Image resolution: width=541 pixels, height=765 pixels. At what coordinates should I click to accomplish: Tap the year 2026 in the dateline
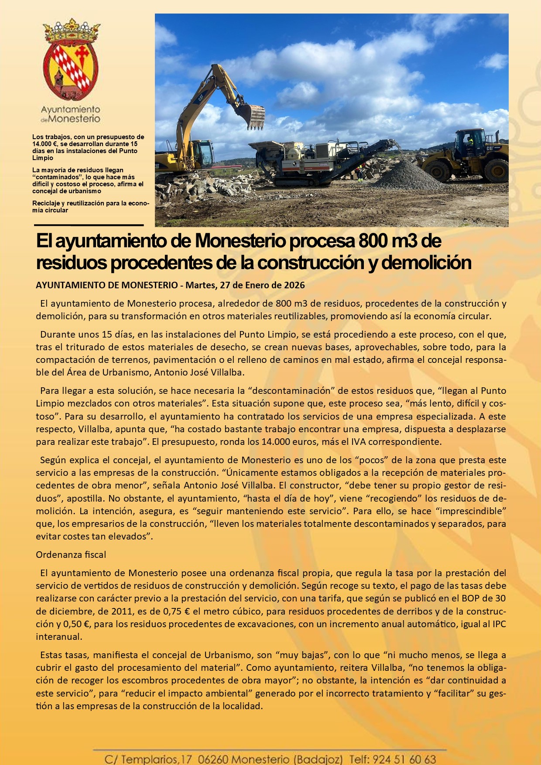coord(294,285)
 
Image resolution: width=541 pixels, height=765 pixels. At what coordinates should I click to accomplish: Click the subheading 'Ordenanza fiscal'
coord(71,555)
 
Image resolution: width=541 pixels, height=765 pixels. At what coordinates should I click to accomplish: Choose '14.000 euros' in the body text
coord(289,441)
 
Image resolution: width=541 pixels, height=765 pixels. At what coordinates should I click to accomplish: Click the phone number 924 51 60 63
coord(404,759)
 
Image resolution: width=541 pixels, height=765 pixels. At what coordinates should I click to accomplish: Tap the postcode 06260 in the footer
coord(212,759)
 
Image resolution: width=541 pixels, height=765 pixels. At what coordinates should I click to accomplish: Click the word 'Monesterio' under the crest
coord(74,119)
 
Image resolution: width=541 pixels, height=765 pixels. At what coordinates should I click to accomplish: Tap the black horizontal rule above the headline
coord(89,225)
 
